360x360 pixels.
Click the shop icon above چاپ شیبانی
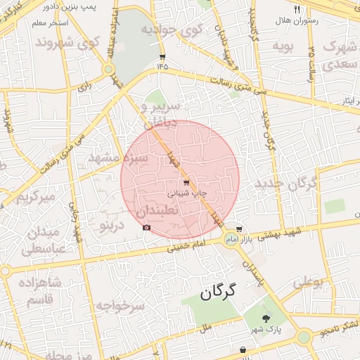pos(186,183)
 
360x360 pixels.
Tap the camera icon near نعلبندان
pos(146,227)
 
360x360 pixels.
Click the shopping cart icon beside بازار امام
pos(239,229)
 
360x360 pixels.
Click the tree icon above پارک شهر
pos(265,319)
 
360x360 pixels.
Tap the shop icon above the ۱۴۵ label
pos(162,57)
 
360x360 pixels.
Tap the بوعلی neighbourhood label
pos(307,282)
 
